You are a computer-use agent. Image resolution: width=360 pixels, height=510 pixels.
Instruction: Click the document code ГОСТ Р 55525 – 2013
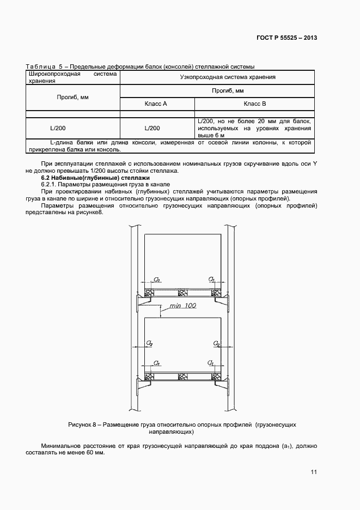point(287,38)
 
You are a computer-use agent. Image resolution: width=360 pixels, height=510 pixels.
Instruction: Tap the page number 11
point(314,472)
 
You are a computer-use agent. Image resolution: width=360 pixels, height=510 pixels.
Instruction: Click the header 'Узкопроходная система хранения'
point(228,77)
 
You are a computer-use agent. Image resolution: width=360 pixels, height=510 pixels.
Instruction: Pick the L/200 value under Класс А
point(152,128)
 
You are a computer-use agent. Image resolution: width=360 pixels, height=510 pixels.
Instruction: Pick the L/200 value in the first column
point(58,128)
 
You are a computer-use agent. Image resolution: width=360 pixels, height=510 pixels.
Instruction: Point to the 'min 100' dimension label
point(182,306)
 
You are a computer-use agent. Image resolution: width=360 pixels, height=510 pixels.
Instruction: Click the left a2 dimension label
point(149,343)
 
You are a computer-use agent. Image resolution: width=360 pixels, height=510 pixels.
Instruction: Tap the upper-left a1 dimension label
point(157,280)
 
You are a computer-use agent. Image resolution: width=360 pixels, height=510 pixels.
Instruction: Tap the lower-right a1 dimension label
point(211,362)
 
